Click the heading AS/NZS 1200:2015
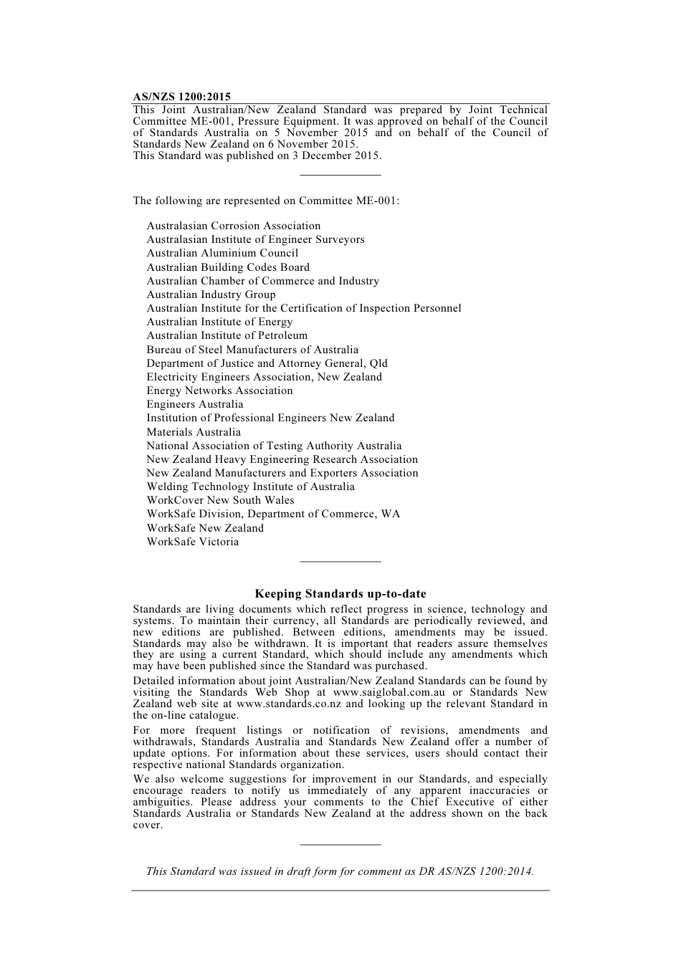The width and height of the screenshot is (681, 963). tap(181, 97)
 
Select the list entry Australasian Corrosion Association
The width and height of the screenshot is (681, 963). tap(233, 226)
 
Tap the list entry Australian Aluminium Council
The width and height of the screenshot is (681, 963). tap(222, 253)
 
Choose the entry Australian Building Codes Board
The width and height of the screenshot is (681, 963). tap(228, 267)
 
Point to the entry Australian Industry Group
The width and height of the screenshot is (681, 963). tap(211, 294)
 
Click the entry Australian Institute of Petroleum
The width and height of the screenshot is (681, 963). tap(227, 335)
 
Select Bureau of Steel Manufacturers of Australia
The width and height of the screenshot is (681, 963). tap(252, 350)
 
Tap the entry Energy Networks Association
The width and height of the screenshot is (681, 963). tap(219, 391)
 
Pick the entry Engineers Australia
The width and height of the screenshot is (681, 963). tap(195, 404)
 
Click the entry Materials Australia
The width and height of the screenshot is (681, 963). tap(194, 432)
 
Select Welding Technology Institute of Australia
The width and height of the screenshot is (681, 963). tap(250, 487)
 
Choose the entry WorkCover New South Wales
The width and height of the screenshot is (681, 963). tap(220, 500)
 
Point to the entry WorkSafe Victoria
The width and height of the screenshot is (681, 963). tap(192, 542)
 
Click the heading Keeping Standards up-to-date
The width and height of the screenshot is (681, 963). tap(340, 593)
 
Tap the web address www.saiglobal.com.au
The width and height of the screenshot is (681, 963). tap(389, 692)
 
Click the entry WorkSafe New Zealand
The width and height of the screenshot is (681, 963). tap(205, 528)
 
